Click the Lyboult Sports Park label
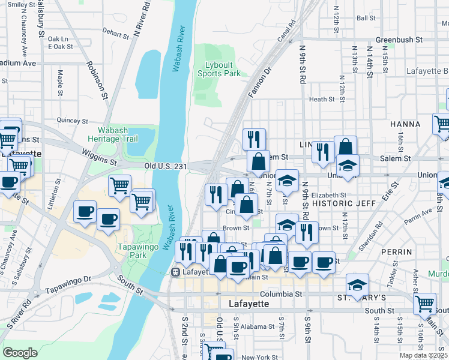click(219, 69)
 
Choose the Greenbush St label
click(398, 40)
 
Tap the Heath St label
click(321, 100)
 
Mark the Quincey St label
click(72, 120)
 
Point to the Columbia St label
click(282, 295)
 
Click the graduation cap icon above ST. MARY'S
click(358, 284)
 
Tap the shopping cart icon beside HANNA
click(442, 123)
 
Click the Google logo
click(20, 353)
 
